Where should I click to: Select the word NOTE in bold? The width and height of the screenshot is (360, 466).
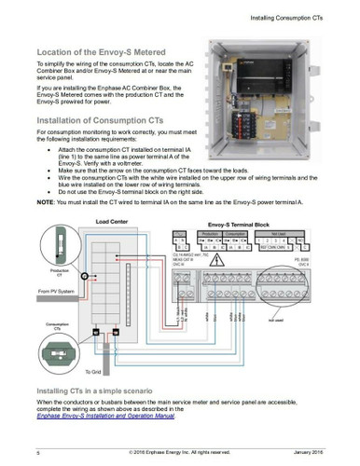pyautogui.click(x=46, y=202)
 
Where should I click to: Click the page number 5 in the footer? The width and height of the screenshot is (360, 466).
pyautogui.click(x=38, y=452)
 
